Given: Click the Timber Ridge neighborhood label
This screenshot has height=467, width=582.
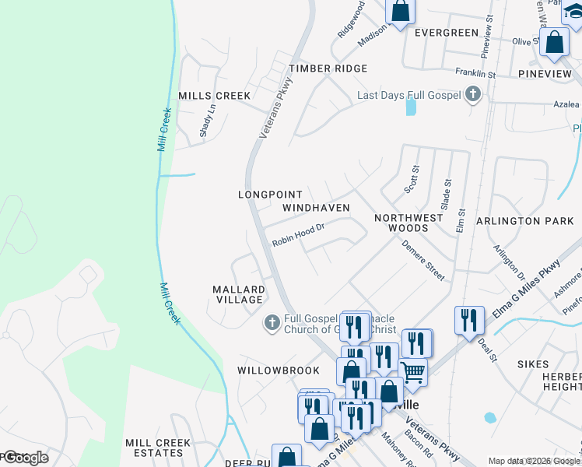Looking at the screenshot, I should coord(328,68).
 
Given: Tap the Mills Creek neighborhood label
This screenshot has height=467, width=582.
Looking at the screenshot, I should coord(214,96).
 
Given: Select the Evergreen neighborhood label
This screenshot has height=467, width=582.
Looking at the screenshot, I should coord(446,33).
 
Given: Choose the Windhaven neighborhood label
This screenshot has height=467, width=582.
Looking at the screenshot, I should coord(316,208).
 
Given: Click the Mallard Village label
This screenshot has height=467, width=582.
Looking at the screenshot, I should coord(239,294).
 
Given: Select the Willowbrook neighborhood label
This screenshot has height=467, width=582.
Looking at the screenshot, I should coord(279,370).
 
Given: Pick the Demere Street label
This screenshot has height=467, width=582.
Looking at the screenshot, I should coord(423,260).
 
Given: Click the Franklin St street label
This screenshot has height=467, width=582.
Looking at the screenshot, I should coord(475,72).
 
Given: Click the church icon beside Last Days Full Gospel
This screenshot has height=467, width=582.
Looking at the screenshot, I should coord(472,96).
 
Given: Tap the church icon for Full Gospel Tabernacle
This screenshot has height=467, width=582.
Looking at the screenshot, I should coord(272,322).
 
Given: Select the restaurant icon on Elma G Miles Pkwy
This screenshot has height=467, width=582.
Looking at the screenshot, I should coord(468,319).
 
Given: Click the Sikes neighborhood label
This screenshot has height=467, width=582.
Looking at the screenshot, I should coord(533,363).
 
